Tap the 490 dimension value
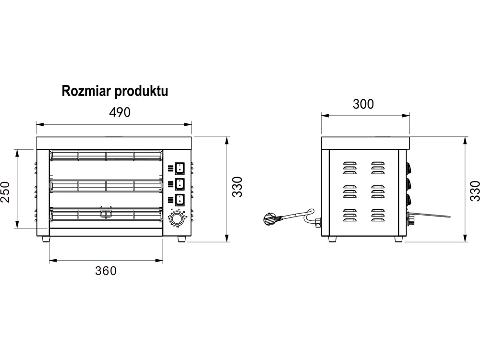[120, 113]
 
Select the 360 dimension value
[106, 271]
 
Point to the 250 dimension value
[6, 192]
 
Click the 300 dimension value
[363, 104]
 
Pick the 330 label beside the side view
[475, 191]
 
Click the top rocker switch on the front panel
[179, 168]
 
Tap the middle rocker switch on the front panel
[179, 183]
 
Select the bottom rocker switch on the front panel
[179, 199]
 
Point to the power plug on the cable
[270, 220]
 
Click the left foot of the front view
[46, 239]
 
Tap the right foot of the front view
[183, 239]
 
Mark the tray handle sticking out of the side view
[430, 216]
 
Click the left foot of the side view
[332, 239]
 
